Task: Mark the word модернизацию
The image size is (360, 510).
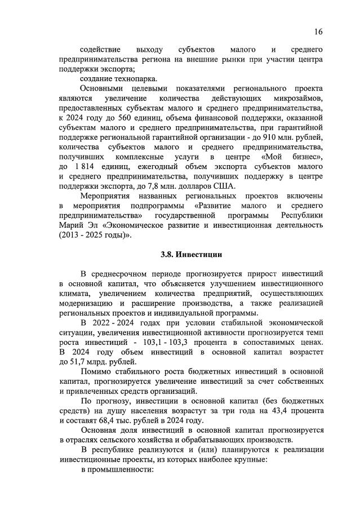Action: coord(86,303)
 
